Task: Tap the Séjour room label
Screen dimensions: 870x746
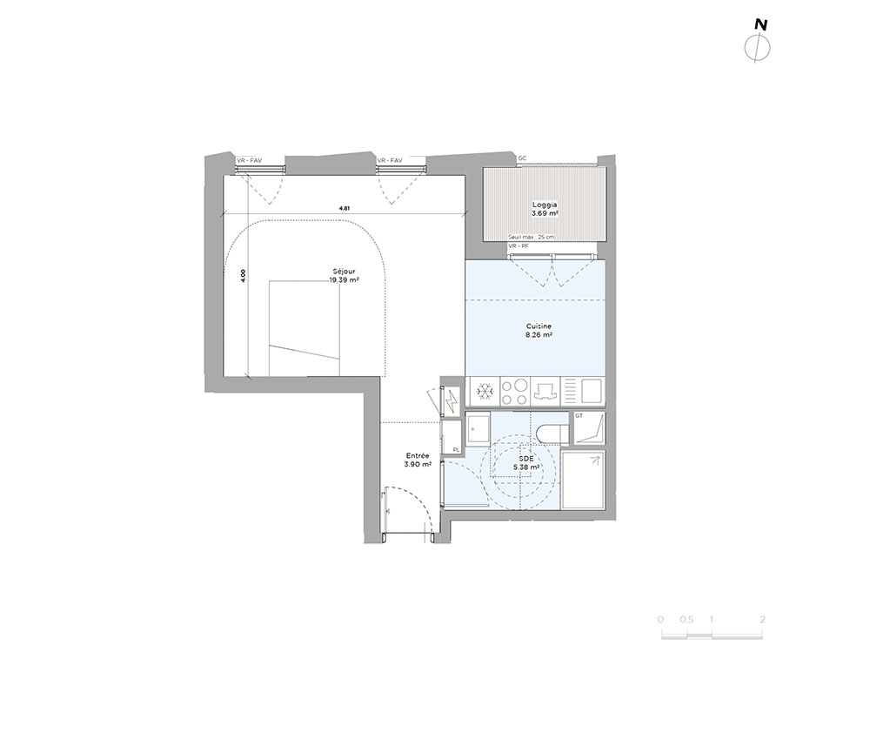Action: tap(344, 272)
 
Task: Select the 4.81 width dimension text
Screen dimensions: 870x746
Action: tap(345, 209)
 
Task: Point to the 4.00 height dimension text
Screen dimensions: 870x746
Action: tap(243, 277)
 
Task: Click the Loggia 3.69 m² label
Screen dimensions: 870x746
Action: tap(545, 209)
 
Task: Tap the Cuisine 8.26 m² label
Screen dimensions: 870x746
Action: tap(539, 331)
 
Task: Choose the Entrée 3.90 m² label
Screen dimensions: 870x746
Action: tap(418, 460)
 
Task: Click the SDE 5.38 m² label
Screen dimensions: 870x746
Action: tap(526, 463)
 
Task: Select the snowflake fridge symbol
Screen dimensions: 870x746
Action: tap(485, 393)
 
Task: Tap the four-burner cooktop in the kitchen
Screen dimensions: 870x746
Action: tap(514, 392)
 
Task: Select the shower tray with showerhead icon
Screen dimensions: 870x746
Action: tap(583, 481)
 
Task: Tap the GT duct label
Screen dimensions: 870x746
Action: tap(579, 416)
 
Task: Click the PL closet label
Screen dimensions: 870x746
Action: tap(456, 449)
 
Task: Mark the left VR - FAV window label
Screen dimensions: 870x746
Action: tap(249, 161)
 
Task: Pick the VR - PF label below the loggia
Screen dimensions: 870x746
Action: tap(518, 245)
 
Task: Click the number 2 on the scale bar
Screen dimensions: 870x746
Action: tap(762, 620)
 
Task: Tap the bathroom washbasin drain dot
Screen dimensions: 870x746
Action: tap(476, 429)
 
